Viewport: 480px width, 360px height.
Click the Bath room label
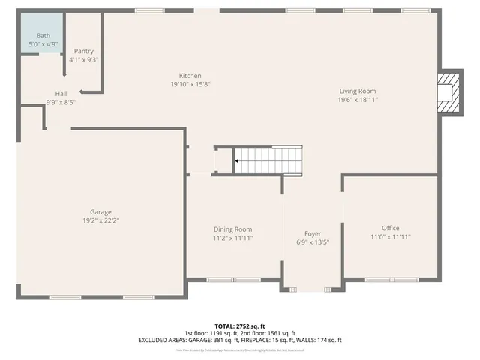click(44, 35)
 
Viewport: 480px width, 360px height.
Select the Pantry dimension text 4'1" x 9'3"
click(83, 59)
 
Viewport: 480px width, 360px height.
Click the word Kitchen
click(190, 76)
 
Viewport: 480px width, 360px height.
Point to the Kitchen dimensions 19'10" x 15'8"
click(190, 84)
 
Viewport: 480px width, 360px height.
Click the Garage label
click(100, 212)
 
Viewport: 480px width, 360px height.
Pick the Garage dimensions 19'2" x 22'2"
click(100, 220)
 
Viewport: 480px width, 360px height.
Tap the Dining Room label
click(232, 229)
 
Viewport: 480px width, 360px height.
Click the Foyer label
click(312, 234)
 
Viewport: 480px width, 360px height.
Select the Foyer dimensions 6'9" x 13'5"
click(312, 242)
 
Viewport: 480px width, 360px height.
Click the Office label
click(390, 228)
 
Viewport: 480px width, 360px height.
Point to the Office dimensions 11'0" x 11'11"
click(390, 237)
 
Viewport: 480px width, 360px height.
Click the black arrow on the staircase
click(238, 160)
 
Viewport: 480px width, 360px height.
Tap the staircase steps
click(270, 160)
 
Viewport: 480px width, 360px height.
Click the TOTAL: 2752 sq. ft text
click(240, 326)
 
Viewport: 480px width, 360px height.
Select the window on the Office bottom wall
click(391, 280)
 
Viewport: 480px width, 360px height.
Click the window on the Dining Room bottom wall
click(232, 280)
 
